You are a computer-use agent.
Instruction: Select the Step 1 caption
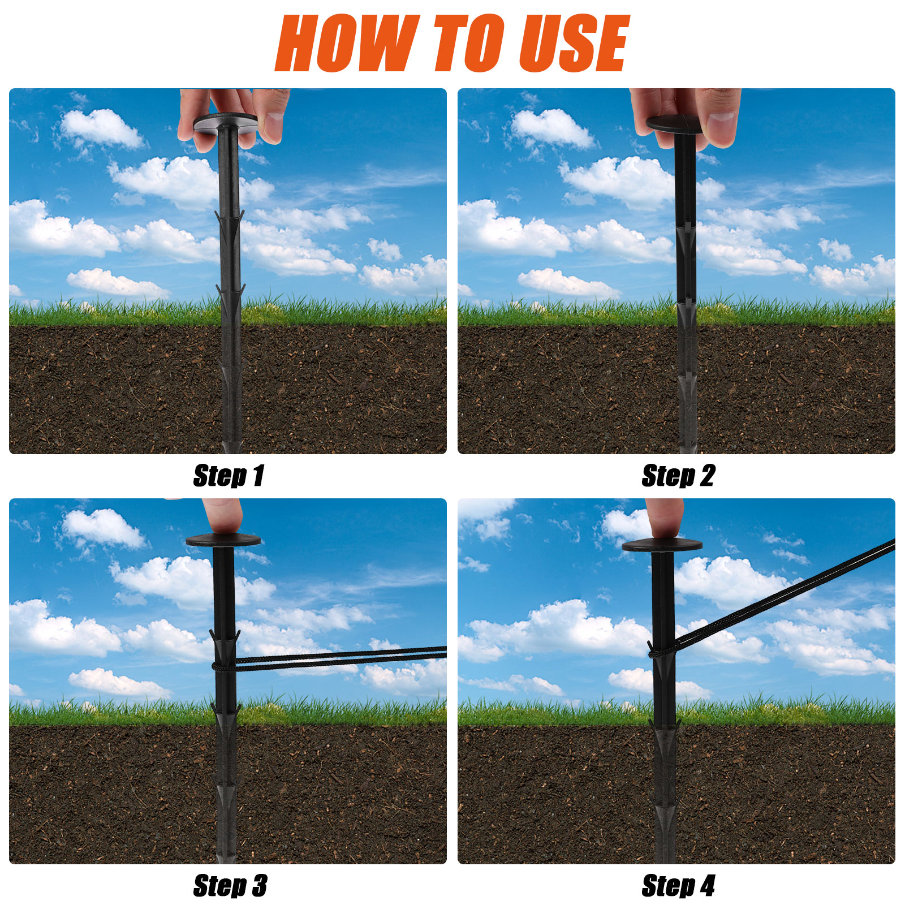[229, 476]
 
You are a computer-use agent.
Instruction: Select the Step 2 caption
[678, 476]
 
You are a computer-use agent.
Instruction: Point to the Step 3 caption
[230, 886]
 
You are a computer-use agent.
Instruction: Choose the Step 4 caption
[678, 886]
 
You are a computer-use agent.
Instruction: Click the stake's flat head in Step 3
[223, 540]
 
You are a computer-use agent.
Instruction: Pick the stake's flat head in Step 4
[662, 545]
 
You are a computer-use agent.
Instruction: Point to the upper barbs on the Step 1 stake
[230, 218]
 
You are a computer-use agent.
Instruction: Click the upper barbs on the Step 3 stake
[225, 637]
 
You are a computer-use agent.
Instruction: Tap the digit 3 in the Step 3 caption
[260, 886]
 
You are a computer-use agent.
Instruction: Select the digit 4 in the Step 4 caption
[708, 886]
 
